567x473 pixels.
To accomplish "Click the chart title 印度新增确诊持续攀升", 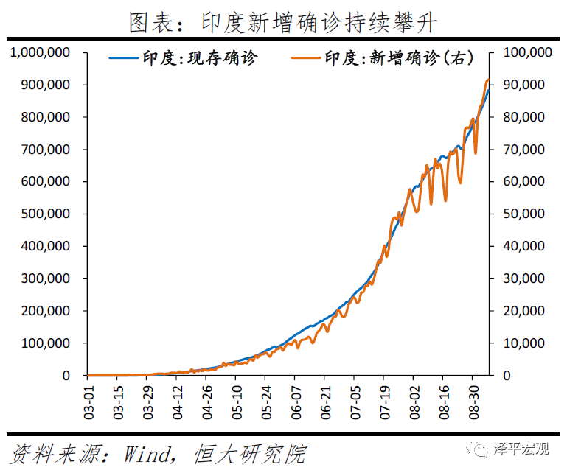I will coord(283,22).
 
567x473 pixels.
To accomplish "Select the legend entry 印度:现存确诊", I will coord(201,58).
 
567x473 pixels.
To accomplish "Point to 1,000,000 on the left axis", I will coord(40,52).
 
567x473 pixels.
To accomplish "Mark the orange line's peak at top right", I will coord(487,80).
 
